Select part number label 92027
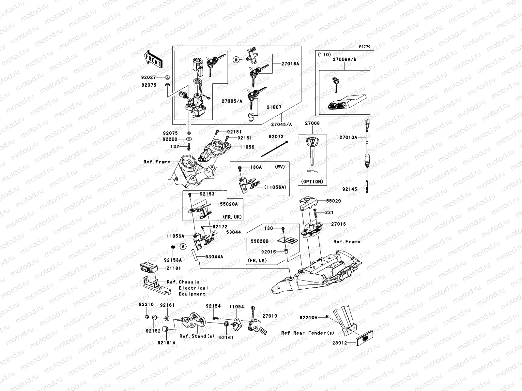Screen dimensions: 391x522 [149, 78]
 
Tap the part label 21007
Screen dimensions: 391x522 [274, 107]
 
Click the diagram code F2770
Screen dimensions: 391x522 [365, 47]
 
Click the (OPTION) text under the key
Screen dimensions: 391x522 [312, 182]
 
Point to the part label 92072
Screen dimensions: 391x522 [276, 137]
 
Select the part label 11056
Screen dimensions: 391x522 [247, 147]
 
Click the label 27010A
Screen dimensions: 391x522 [348, 138]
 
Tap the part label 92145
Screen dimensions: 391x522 [350, 189]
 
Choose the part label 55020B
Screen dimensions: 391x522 [260, 241]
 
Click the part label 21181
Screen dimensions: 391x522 [173, 268]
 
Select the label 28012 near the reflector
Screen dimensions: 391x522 [340, 343]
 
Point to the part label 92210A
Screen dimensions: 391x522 [309, 317]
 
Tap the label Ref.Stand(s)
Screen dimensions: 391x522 [197, 336]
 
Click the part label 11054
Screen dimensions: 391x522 [237, 307]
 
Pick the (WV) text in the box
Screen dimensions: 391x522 [280, 167]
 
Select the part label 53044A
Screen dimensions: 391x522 [214, 257]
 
